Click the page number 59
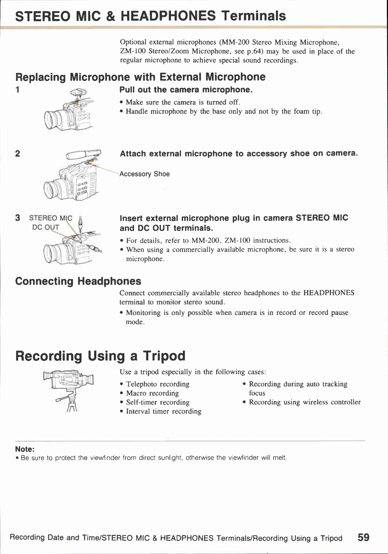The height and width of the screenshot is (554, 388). pos(363,537)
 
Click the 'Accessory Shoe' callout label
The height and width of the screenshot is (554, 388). pos(144,174)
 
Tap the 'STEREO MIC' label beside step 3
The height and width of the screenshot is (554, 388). pos(50,218)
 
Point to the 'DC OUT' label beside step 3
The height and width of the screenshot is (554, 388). pos(45,227)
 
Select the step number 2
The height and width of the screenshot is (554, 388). pos(18,154)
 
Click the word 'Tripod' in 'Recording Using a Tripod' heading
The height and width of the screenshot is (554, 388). pos(164,356)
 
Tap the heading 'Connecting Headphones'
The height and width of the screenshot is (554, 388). pos(78,281)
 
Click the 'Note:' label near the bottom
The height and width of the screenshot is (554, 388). pos(24,449)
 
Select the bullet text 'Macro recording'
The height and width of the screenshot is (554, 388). pos(152,393)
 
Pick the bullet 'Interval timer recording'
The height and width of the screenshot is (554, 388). pos(163,411)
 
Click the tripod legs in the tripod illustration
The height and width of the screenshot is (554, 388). pos(72,407)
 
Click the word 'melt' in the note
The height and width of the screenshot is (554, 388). pos(279,458)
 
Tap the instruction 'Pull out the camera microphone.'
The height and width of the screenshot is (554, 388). pos(186,90)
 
